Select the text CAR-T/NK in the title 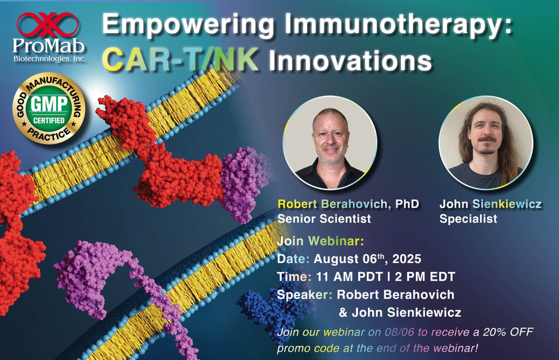tap(180, 61)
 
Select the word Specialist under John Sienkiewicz tap(469, 218)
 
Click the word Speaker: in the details tap(304, 294)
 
